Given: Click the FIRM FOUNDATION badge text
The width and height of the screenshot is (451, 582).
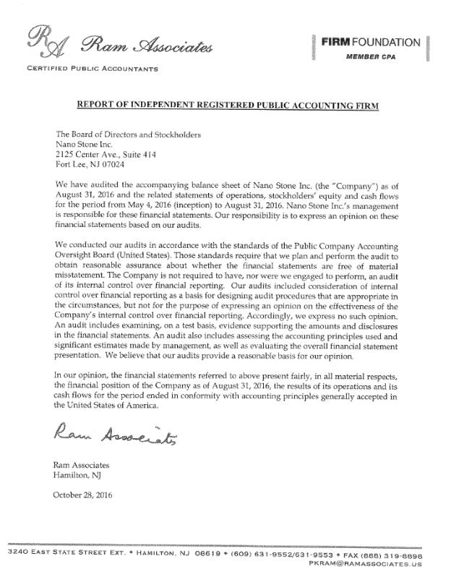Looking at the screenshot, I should pyautogui.click(x=370, y=42).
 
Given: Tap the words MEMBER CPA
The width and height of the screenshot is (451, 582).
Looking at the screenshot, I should pyautogui.click(x=371, y=56).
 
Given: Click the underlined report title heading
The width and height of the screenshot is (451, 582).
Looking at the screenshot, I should pyautogui.click(x=228, y=106).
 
